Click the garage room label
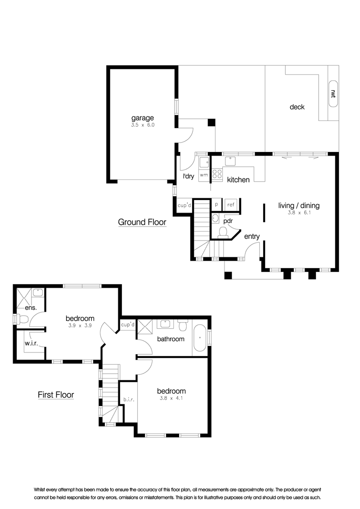pos(142,118)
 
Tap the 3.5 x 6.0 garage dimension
pos(143,125)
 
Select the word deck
pos(297,107)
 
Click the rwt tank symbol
pos(333,94)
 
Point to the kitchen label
pos(238,180)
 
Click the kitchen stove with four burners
pos(217,174)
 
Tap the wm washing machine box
pos(204,175)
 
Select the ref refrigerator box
pos(231,205)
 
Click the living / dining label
pos(299,205)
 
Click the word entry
pos(252,237)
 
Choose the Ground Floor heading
pos(142,222)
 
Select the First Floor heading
pos(56,395)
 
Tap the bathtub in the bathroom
pos(199,338)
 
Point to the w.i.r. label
pos(31,343)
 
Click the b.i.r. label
pos(129,400)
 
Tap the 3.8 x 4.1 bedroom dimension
pos(171,398)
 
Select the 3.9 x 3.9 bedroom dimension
pos(80,325)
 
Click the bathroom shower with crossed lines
pos(145,326)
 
